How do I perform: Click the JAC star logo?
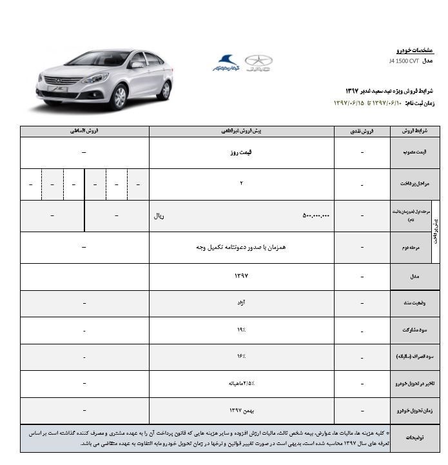point(258,63)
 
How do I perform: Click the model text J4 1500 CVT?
point(404,61)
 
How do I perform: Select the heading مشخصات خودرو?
point(414,50)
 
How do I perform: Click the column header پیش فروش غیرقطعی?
point(242,131)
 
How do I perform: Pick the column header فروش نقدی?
point(362,131)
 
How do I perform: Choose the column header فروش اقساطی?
point(84,131)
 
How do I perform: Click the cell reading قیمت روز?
point(242,152)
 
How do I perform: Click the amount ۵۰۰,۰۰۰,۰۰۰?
point(316,216)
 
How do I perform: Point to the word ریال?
point(159,216)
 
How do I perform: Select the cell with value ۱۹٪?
point(242,330)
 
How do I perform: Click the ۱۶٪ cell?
point(242,357)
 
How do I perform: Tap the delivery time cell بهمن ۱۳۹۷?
point(242,410)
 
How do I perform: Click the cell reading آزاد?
point(242,303)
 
